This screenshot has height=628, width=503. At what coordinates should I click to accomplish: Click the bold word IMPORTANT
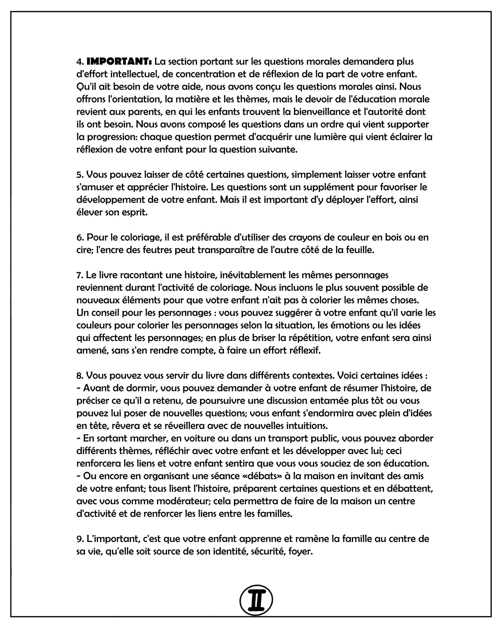(x=118, y=62)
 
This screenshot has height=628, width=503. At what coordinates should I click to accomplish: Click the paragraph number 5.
(x=79, y=175)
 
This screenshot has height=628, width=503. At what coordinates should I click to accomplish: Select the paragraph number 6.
(x=79, y=237)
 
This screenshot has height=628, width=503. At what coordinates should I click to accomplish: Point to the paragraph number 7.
(x=79, y=275)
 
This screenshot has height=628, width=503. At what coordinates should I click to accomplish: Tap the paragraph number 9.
(x=79, y=539)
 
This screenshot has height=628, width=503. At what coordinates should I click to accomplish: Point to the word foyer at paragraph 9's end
(x=300, y=551)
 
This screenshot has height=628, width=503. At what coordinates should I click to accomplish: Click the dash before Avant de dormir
(x=78, y=388)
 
